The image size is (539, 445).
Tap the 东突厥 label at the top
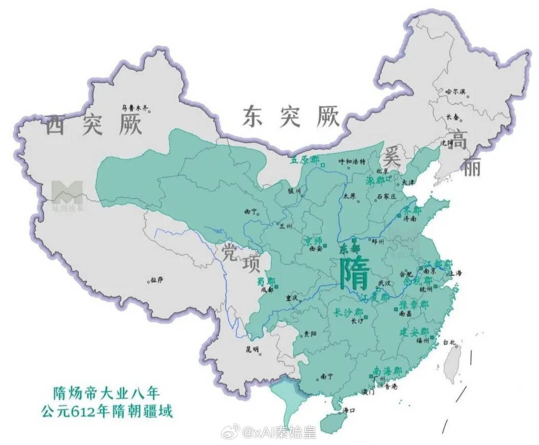coord(291,117)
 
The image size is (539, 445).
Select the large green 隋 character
coord(355,274)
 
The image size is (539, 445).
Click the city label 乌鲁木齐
coord(134,108)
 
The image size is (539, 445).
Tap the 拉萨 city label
coord(157,280)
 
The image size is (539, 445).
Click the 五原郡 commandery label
coord(305,159)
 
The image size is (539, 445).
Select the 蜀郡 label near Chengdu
coord(266,281)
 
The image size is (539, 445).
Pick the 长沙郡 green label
coord(348,312)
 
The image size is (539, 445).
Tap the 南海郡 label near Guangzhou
coord(387,371)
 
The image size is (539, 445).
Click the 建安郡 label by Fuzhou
coord(414,332)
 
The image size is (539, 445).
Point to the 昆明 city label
coord(252,349)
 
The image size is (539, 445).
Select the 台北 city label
coord(449,342)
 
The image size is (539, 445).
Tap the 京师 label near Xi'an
coord(312,242)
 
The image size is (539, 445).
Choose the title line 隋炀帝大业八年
coord(106,393)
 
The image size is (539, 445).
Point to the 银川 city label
coord(294,191)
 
